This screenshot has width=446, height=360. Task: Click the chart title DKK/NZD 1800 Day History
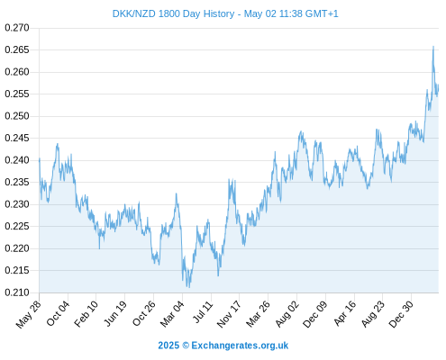173,13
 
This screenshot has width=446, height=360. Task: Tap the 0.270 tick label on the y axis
17,28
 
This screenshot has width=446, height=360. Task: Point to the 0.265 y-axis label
17,49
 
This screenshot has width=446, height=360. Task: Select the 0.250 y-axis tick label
17,116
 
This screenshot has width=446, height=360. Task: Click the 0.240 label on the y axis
17,160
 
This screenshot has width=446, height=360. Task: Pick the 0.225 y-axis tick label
17,226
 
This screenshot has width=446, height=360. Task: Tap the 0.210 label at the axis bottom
17,292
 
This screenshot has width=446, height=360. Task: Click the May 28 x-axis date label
29,314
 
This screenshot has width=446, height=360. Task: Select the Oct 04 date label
58,313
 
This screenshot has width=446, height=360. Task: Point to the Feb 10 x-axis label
86,314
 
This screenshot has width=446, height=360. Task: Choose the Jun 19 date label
115,314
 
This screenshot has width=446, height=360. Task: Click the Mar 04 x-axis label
172,314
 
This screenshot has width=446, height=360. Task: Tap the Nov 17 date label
229,314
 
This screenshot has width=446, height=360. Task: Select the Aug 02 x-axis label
287,314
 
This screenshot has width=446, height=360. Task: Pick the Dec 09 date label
315,314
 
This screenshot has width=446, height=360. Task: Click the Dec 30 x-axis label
401,314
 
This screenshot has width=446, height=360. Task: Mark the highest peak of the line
433,47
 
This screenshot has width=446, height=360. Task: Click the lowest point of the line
189,287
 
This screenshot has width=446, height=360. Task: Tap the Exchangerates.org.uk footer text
240,346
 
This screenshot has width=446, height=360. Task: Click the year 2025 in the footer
168,346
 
